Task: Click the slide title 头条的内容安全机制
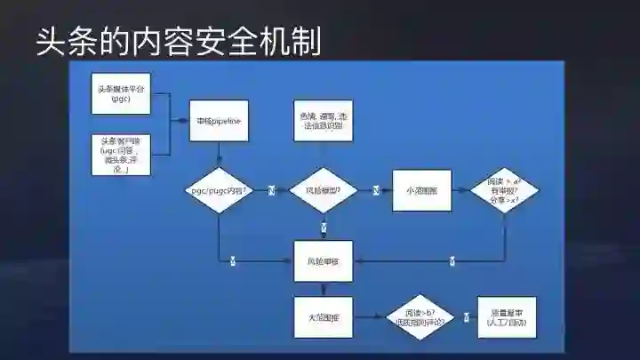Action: click(x=178, y=41)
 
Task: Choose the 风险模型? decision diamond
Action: click(x=324, y=191)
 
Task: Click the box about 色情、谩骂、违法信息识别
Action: click(x=324, y=122)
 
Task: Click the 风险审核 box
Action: click(x=324, y=261)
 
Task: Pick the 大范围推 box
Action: click(x=324, y=316)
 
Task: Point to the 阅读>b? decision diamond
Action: click(x=418, y=317)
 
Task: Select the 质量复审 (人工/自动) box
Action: click(x=508, y=317)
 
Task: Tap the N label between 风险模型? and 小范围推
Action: click(x=376, y=190)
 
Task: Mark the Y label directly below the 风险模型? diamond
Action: click(x=324, y=228)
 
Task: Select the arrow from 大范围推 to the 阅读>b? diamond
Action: click(x=369, y=317)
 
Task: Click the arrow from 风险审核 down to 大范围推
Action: click(x=324, y=290)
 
